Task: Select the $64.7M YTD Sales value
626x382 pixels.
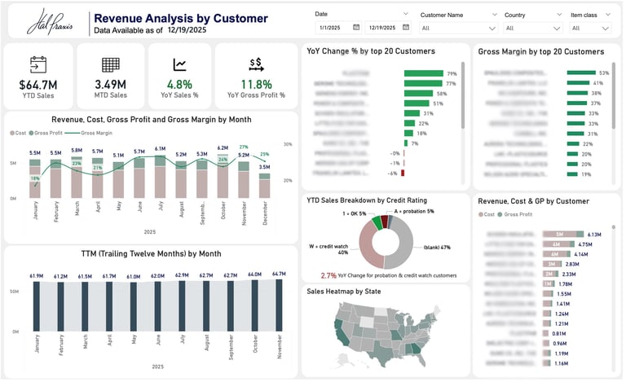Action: (37, 84)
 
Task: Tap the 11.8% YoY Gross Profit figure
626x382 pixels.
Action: (256, 84)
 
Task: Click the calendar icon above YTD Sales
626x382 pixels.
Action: (37, 64)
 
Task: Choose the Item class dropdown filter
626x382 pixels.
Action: (590, 27)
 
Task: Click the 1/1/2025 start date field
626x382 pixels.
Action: (337, 27)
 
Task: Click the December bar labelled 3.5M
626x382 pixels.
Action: (264, 185)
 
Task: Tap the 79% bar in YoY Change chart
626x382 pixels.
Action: (424, 74)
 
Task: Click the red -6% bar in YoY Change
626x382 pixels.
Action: (403, 173)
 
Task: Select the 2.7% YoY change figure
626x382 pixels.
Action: (328, 275)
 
